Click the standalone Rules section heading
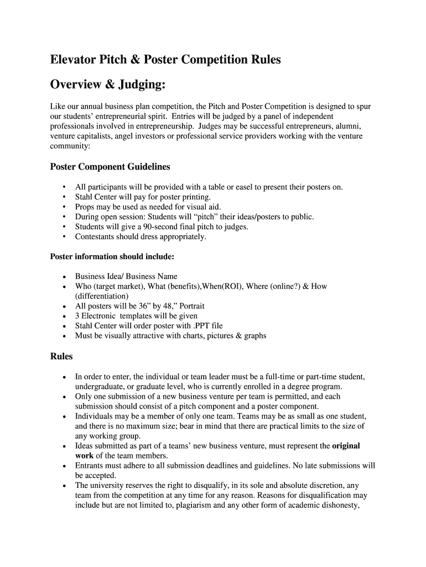tap(61, 357)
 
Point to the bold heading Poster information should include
tap(112, 256)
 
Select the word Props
tap(85, 207)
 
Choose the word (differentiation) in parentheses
tap(102, 296)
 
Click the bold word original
tap(346, 446)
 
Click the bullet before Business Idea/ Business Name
tap(65, 276)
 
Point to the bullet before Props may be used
tap(65, 207)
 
